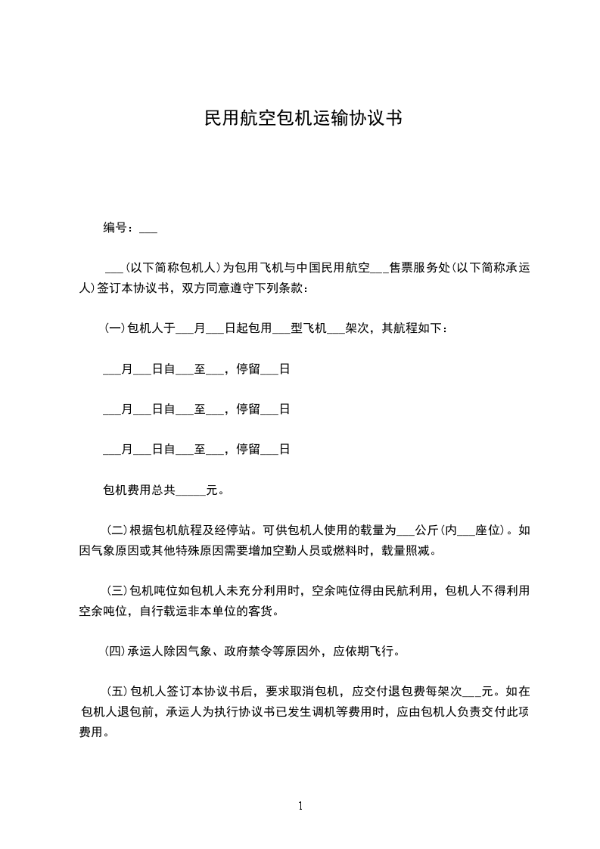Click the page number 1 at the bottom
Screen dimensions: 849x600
pos(300,806)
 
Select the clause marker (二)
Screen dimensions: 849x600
pos(117,530)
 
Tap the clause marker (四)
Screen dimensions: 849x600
pos(116,650)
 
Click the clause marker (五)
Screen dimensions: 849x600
pos(117,691)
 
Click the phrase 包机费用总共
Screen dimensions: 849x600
pos(139,490)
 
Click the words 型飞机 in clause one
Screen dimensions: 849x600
pos(308,328)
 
